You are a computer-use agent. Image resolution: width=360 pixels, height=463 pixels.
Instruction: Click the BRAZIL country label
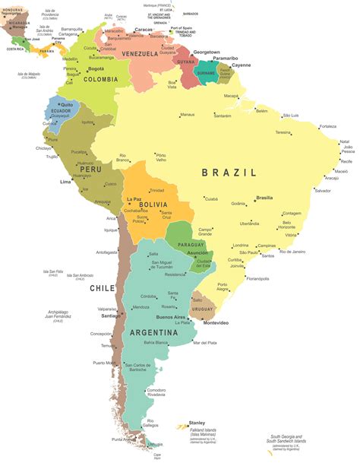pos(229,173)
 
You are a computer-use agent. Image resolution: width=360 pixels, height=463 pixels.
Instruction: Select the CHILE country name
pos(102,288)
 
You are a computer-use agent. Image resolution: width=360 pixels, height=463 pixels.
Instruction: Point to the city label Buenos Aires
pos(171,316)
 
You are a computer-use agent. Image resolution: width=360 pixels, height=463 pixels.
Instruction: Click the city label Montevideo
pos(215,322)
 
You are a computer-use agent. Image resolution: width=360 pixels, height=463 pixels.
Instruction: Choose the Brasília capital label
pos(264,198)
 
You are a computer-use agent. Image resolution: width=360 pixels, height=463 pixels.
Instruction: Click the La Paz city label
pos(134,199)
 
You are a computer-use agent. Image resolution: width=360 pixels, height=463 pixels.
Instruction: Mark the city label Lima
pos(66,182)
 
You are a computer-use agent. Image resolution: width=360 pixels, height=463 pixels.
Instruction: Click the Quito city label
pos(68,104)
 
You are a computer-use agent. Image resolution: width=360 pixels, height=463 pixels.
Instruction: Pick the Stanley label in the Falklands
pos(197,423)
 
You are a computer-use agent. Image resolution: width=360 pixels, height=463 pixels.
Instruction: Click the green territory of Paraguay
pos(182,236)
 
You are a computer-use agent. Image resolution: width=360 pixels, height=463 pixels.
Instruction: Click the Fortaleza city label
pos(327,126)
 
